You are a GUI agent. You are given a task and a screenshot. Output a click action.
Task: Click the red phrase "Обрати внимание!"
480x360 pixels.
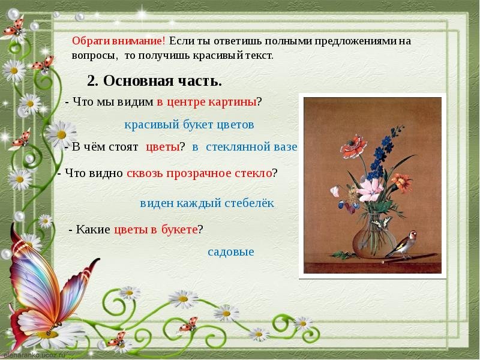pyautogui.click(x=119, y=41)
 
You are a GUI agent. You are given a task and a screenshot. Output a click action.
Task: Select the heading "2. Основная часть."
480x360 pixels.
pyautogui.click(x=154, y=81)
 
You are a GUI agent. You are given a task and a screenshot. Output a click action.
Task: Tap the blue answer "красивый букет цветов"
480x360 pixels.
pyautogui.click(x=189, y=125)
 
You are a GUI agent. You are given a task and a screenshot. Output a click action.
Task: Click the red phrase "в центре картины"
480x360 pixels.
pyautogui.click(x=206, y=102)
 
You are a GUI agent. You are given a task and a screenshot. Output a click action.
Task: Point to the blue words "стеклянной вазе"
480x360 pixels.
pyautogui.click(x=251, y=147)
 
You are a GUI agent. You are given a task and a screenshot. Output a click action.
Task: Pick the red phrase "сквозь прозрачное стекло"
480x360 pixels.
pyautogui.click(x=199, y=173)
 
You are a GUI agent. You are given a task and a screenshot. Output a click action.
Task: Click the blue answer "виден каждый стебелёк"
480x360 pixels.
pyautogui.click(x=207, y=203)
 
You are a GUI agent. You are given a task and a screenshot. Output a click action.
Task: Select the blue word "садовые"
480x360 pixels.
pyautogui.click(x=231, y=252)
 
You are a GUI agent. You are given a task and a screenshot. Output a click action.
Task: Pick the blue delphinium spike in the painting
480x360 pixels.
pyautogui.click(x=383, y=153)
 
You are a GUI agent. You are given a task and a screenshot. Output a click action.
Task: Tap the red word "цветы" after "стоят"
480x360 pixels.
pyautogui.click(x=163, y=147)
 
